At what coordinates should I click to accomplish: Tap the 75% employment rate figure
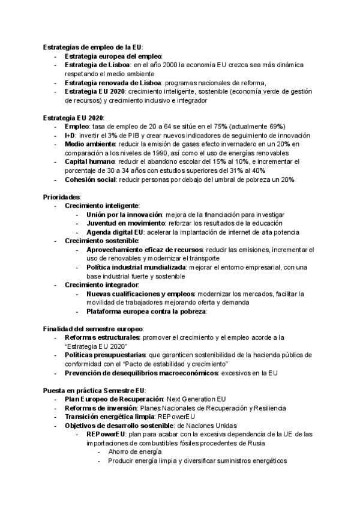coord(221,127)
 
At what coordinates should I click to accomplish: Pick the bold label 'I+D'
coord(70,136)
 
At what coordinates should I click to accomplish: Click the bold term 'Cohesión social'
coord(90,180)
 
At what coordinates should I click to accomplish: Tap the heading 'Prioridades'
coord(61,197)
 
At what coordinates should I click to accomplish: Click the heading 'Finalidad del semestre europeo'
coord(93,329)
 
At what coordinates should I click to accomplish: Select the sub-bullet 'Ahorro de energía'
coord(134,452)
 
